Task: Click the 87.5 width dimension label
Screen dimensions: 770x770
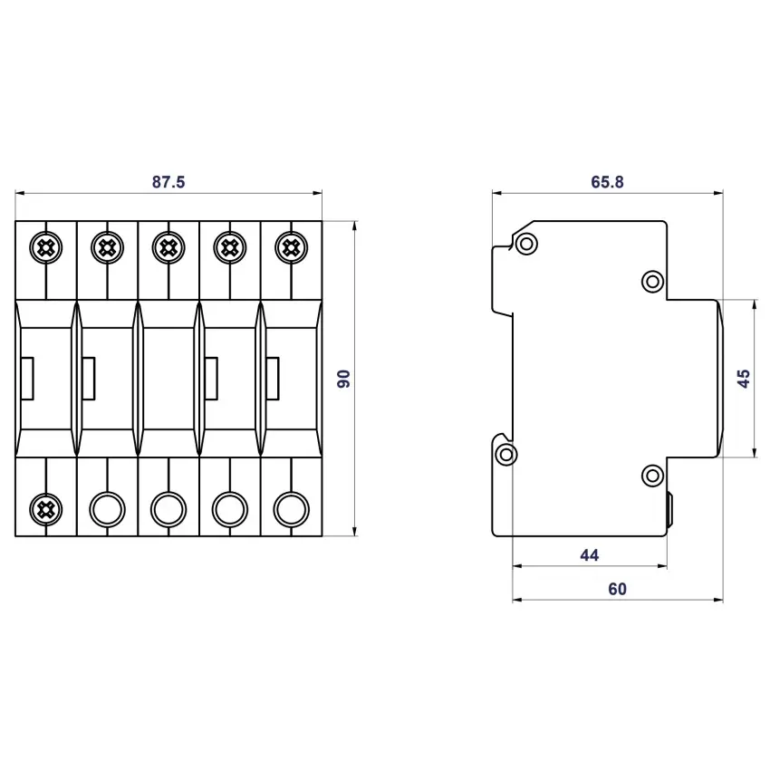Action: point(168,182)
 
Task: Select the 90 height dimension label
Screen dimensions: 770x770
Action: point(343,379)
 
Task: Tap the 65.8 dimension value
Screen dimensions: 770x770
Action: point(607,182)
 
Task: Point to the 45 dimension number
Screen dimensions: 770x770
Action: point(744,379)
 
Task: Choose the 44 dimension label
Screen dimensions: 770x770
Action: point(590,555)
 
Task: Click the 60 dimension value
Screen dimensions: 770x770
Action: point(617,589)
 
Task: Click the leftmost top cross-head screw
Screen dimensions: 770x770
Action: point(46,247)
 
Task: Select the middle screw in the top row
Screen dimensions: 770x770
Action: point(168,247)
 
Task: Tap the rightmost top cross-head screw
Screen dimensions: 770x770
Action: point(292,247)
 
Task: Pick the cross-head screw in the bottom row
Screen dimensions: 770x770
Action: point(46,509)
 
